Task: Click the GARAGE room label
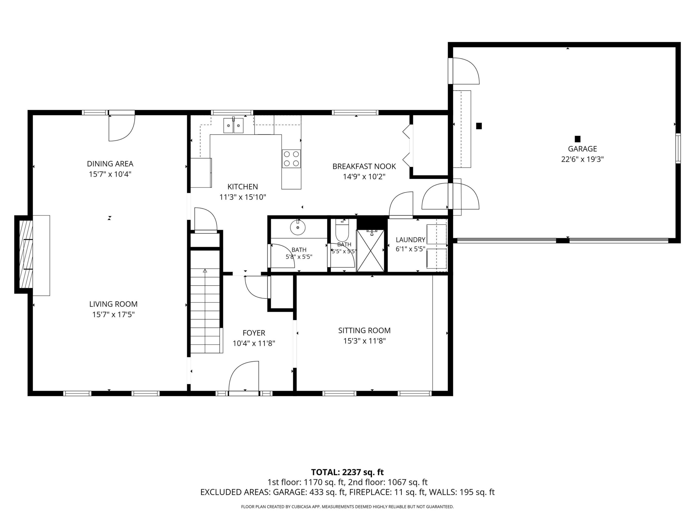click(x=582, y=149)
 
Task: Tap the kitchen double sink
click(x=233, y=126)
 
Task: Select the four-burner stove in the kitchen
click(x=291, y=158)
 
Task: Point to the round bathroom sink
click(x=298, y=227)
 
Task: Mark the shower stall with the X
click(x=370, y=251)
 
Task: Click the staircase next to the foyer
click(x=205, y=311)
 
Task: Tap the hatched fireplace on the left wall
click(x=26, y=254)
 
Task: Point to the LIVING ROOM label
click(x=113, y=304)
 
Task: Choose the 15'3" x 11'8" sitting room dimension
click(x=364, y=341)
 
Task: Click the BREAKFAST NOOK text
click(x=364, y=166)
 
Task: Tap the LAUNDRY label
click(x=410, y=240)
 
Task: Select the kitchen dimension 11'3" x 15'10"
click(x=242, y=197)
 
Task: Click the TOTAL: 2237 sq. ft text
click(x=347, y=472)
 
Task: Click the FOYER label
click(x=254, y=333)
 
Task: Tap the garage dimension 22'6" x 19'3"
click(x=583, y=159)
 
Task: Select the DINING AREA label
click(x=110, y=164)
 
